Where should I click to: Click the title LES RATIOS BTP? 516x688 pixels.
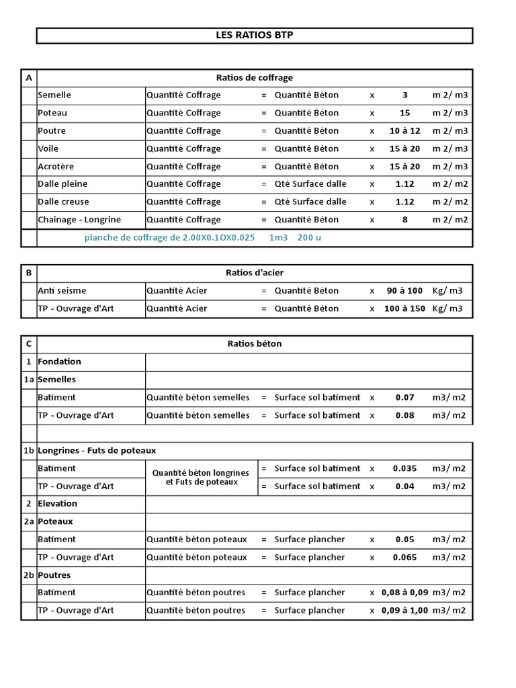pyautogui.click(x=254, y=36)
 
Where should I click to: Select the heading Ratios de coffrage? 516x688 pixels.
pyautogui.click(x=254, y=78)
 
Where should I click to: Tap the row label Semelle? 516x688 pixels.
pyautogui.click(x=54, y=95)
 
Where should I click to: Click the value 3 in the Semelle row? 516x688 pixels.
pyautogui.click(x=404, y=95)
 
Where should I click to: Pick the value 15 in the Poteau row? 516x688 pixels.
pyautogui.click(x=404, y=113)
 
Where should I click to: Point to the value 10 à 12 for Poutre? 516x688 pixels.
pyautogui.click(x=404, y=131)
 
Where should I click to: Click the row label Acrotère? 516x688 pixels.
pyautogui.click(x=56, y=167)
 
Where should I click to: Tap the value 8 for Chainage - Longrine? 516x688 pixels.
pyautogui.click(x=404, y=220)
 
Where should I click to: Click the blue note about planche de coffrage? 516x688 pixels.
pyautogui.click(x=202, y=238)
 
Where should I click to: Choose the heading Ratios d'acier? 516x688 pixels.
pyautogui.click(x=254, y=273)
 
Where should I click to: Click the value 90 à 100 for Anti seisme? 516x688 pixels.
pyautogui.click(x=404, y=291)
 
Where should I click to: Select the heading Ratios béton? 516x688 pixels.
pyautogui.click(x=254, y=344)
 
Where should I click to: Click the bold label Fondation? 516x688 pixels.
pyautogui.click(x=60, y=361)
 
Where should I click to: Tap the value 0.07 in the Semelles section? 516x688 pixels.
pyautogui.click(x=404, y=398)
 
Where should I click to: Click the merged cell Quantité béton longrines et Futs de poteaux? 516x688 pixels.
pyautogui.click(x=202, y=477)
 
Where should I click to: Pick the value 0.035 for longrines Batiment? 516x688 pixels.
pyautogui.click(x=404, y=468)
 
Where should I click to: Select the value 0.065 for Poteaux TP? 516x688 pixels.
pyautogui.click(x=404, y=558)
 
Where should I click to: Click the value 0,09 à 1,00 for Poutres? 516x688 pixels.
pyautogui.click(x=404, y=611)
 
